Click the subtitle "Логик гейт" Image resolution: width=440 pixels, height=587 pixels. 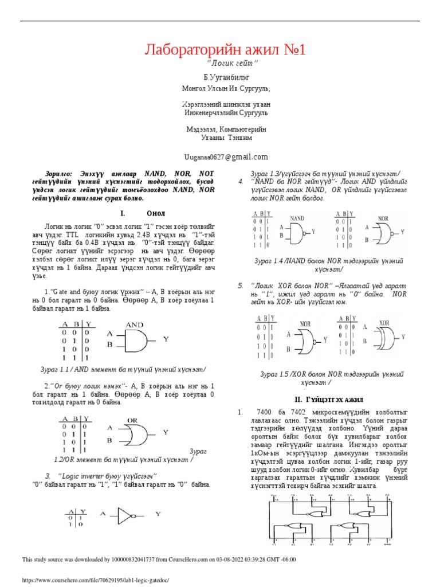225,62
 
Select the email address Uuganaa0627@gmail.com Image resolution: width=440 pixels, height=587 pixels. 225,156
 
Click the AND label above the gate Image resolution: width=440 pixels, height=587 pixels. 134,324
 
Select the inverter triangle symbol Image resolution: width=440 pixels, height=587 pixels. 125,515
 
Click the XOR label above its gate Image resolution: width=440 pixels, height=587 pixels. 384,323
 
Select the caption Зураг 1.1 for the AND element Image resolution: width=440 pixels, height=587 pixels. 124,369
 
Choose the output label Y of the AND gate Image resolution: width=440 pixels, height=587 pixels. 166,339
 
